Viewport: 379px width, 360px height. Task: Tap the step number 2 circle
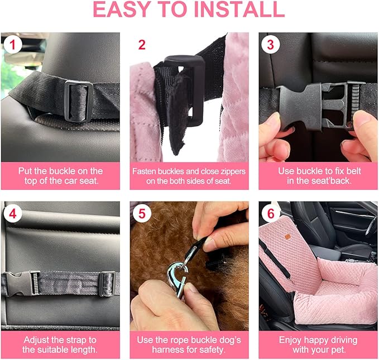[x=141, y=44]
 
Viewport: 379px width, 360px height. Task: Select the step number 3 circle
[x=270, y=44]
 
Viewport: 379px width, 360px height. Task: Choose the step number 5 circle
[x=141, y=213]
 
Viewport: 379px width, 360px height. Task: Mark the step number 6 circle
[x=270, y=213]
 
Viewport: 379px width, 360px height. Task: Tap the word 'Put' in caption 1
[x=25, y=171]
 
